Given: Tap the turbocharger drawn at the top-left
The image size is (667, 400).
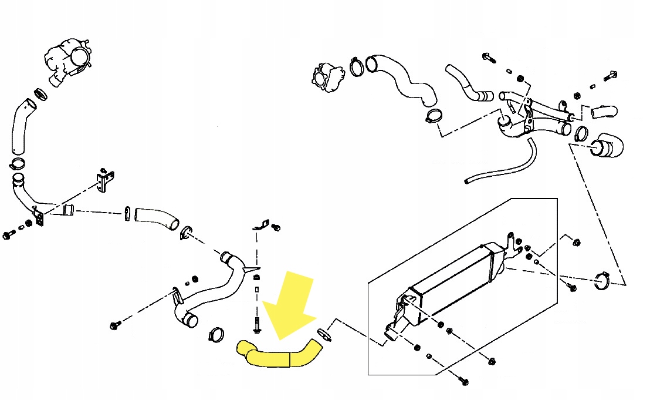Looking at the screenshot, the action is (67, 62).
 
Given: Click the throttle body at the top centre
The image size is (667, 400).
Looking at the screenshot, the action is (327, 76).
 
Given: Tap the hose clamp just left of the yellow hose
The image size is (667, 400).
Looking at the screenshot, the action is (215, 334).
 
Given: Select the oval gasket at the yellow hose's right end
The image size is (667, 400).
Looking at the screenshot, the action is (324, 334).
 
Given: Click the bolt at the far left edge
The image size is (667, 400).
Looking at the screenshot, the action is (8, 236).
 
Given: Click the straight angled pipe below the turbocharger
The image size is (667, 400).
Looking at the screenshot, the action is (21, 126).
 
